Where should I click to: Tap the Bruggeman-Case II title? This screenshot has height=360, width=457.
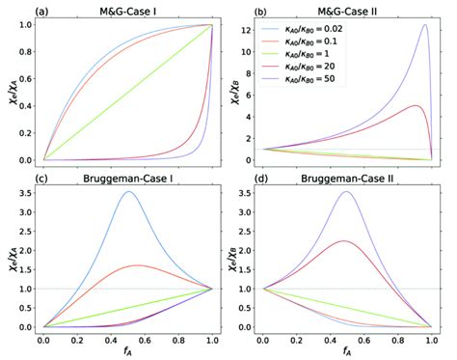[346, 180]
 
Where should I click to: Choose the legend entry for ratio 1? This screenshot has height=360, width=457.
[329, 62]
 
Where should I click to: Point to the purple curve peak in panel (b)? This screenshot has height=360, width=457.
[424, 25]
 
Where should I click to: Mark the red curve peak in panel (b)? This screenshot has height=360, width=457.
[415, 106]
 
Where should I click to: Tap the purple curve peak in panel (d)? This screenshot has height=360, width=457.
[346, 192]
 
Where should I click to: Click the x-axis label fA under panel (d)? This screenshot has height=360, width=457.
[346, 353]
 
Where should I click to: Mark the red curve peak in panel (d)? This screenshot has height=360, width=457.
[343, 241]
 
